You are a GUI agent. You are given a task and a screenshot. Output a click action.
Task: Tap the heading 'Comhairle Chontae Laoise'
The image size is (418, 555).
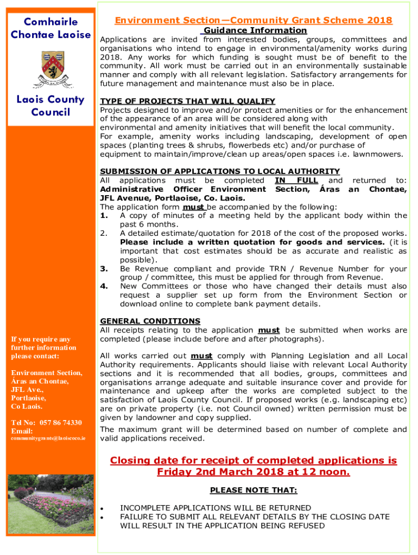[50, 28]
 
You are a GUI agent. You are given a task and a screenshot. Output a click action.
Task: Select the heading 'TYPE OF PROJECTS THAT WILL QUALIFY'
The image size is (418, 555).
[188, 101]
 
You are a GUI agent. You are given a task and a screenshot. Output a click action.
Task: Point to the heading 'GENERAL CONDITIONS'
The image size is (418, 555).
[150, 321]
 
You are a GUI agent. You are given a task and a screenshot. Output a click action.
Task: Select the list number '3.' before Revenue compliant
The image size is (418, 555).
[105, 269]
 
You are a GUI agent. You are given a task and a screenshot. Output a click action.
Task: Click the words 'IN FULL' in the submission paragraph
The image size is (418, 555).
[296, 180]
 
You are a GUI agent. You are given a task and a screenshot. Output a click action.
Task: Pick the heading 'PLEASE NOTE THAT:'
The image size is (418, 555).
[254, 491]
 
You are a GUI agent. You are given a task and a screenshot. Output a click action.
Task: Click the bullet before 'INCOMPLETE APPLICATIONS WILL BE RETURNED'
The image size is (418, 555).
[103, 508]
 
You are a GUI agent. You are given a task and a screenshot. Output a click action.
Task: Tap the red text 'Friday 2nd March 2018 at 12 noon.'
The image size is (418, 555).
[254, 472]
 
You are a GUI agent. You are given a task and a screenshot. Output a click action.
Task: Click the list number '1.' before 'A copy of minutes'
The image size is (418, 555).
[105, 215]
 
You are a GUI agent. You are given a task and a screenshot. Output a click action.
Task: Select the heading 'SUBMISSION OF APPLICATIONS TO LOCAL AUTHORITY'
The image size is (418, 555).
[220, 171]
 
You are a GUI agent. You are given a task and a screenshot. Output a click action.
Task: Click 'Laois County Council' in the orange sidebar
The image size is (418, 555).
[50, 106]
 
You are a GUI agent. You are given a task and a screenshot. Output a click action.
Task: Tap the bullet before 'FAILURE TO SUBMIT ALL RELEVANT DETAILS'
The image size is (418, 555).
[103, 517]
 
